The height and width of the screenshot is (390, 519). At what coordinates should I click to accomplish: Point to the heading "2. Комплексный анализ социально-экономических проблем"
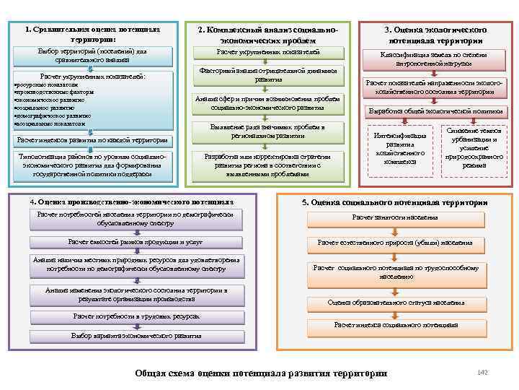pos(268,35)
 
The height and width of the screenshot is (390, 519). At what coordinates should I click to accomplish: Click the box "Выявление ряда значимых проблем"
pos(268,131)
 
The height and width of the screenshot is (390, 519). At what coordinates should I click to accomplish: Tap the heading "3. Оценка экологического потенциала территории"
pos(435,35)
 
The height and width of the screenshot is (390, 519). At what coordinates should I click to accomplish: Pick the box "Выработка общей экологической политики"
pos(435,112)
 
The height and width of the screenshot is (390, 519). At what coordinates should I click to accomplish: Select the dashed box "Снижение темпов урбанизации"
pos(474,148)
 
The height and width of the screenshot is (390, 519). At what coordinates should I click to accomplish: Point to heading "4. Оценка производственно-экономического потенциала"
pos(131,201)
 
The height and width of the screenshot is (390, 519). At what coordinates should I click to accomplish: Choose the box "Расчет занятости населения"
pos(394,217)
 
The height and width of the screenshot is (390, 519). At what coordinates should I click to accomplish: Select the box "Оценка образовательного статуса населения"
pos(396,303)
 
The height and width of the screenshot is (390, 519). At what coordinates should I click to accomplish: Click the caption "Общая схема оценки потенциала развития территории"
pos(262,373)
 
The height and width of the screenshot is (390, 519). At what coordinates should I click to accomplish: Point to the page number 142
pos(482,371)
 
